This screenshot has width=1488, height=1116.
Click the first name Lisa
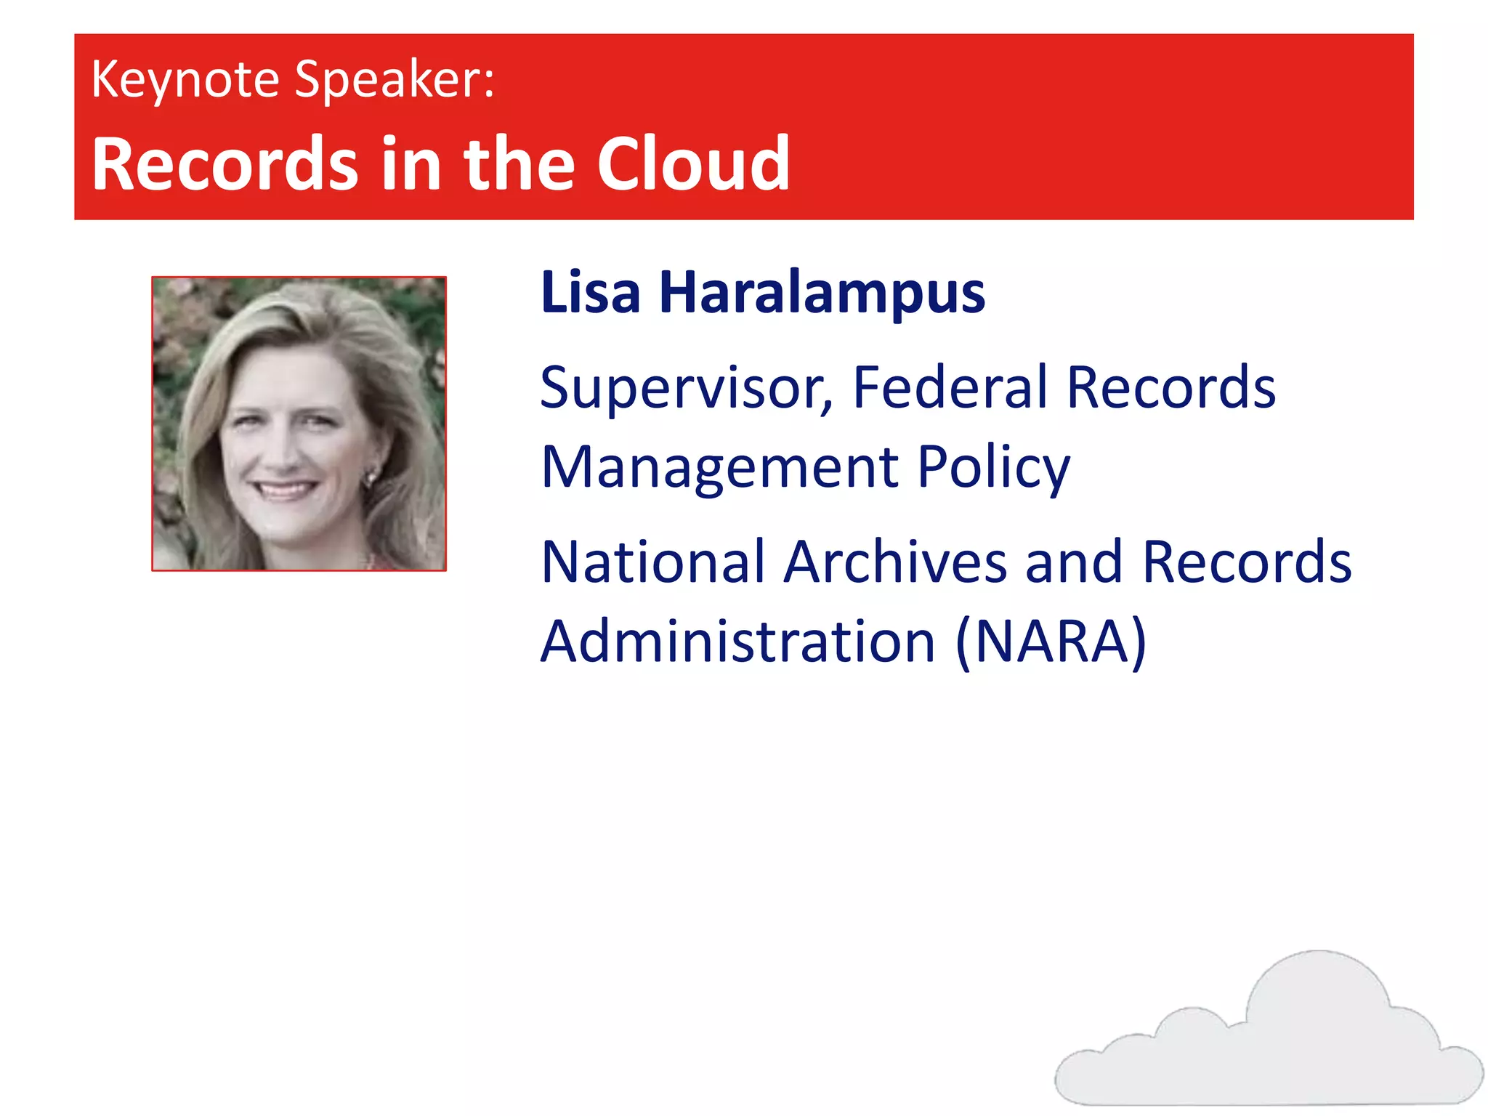pyautogui.click(x=591, y=293)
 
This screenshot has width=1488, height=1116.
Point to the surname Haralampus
pyautogui.click(x=822, y=293)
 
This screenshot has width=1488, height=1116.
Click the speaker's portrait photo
pyautogui.click(x=299, y=424)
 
